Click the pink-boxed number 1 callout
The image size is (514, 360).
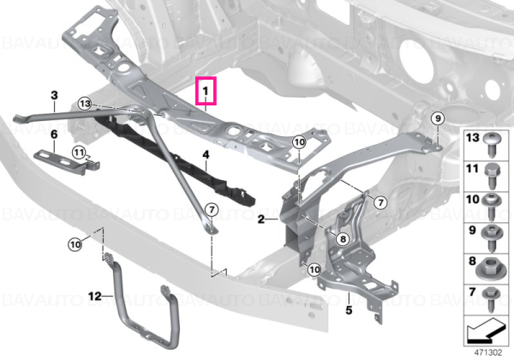point(206,91)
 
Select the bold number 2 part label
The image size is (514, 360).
point(261,219)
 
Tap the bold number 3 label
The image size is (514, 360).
point(55,95)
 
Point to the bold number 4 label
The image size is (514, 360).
point(206,155)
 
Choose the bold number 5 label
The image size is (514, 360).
point(349,309)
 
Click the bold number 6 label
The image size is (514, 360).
point(54,135)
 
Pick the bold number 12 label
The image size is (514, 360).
point(95,297)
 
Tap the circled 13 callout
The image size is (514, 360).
point(85,104)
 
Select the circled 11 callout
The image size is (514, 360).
point(79,153)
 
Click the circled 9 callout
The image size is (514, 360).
point(438,118)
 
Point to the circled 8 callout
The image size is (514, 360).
point(343,239)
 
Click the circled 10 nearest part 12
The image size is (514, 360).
point(75,244)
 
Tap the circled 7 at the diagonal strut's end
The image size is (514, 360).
point(212,209)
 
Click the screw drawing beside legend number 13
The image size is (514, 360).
point(492,145)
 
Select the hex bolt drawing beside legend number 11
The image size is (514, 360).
point(492,177)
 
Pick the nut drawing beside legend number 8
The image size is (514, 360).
point(489,269)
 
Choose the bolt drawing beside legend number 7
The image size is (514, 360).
point(492,299)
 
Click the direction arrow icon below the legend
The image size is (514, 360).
point(484,331)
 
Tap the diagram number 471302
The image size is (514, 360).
point(488,353)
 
